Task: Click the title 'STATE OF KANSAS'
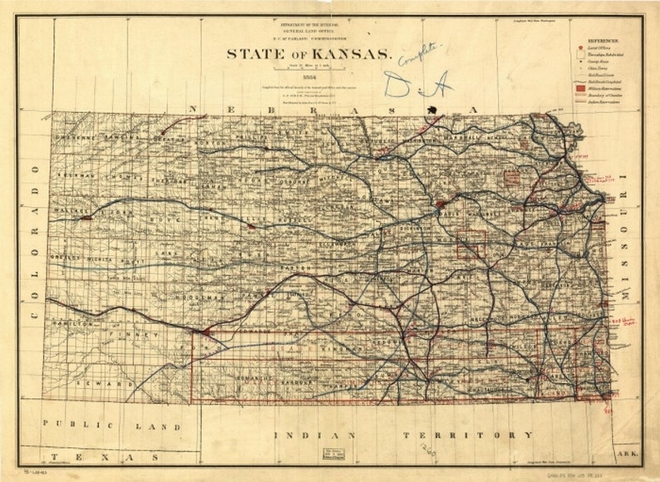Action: [309, 54]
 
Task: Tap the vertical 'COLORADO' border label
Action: [34, 241]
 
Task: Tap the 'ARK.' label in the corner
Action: [626, 455]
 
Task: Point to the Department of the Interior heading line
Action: [309, 26]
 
